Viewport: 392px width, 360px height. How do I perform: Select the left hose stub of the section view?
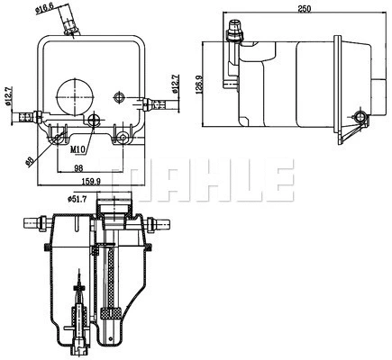tap(33, 221)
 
